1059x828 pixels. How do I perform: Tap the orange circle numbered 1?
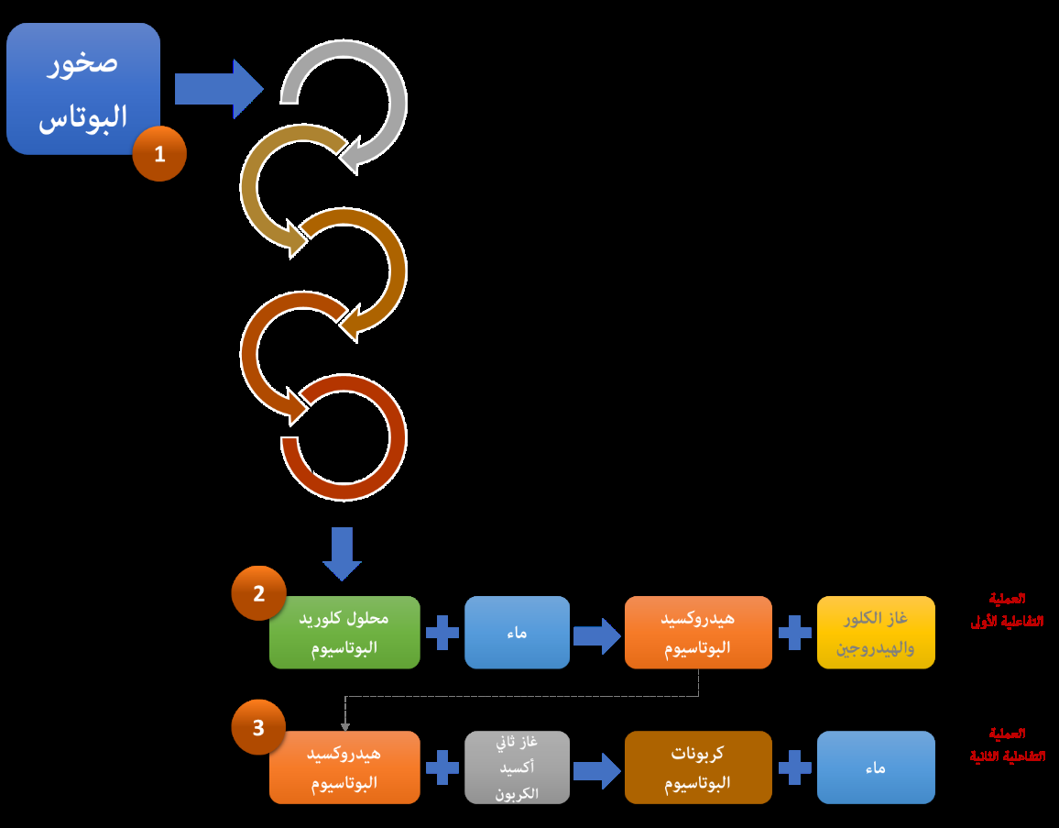click(159, 154)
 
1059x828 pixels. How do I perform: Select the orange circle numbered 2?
click(258, 593)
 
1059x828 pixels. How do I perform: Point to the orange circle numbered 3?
click(258, 727)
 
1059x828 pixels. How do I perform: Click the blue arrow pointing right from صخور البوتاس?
click(218, 89)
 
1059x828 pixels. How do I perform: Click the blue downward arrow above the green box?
click(342, 553)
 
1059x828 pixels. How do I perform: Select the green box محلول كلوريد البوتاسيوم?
click(344, 632)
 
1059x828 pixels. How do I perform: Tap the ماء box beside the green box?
click(517, 632)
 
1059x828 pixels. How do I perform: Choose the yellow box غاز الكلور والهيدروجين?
click(876, 632)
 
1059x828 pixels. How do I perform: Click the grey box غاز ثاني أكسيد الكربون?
click(517, 767)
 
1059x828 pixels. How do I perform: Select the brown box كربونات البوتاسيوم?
click(698, 767)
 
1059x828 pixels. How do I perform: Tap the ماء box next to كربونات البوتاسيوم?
click(876, 767)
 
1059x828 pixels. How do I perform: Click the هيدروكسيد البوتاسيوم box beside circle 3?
click(344, 767)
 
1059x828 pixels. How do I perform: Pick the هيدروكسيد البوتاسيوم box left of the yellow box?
click(698, 632)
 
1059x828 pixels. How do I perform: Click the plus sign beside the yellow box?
click(794, 632)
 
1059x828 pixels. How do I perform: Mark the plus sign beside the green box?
click(442, 632)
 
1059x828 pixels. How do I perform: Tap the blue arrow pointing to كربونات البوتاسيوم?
click(597, 768)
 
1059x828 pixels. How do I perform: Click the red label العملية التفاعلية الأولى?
click(1007, 610)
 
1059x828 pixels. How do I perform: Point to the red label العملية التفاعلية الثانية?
click(1007, 745)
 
